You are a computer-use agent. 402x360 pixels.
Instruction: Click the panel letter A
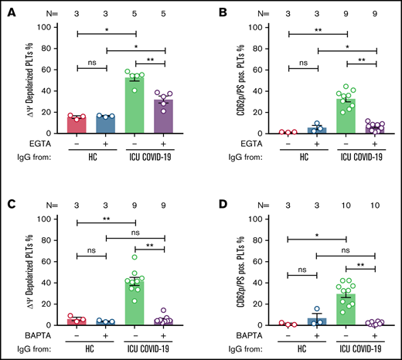(7, 10)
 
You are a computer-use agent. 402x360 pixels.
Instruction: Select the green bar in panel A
(135, 107)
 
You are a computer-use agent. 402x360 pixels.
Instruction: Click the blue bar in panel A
(107, 127)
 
